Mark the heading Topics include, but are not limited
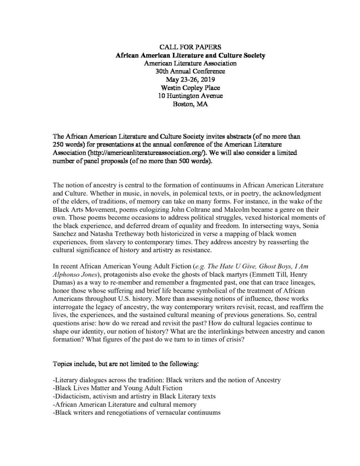tap(125, 364)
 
